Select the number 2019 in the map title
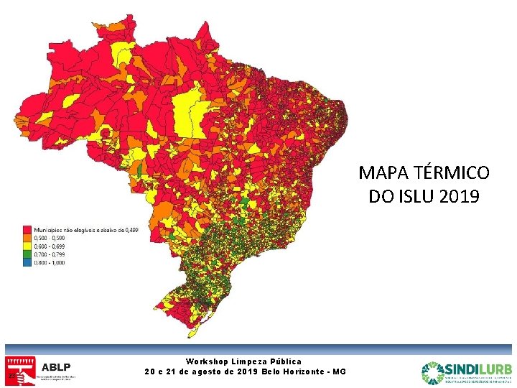click(x=457, y=196)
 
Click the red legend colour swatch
click(x=27, y=230)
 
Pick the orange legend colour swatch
click(x=27, y=238)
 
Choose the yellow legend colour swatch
click(x=27, y=246)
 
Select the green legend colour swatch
click(x=27, y=254)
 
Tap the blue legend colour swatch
click(x=27, y=262)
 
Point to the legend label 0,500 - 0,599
click(x=50, y=238)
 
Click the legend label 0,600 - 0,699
click(x=50, y=246)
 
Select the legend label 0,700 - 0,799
click(x=50, y=254)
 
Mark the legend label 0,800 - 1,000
click(x=50, y=262)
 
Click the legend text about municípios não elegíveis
click(x=86, y=230)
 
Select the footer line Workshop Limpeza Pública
click(x=244, y=361)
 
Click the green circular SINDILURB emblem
click(x=433, y=372)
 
